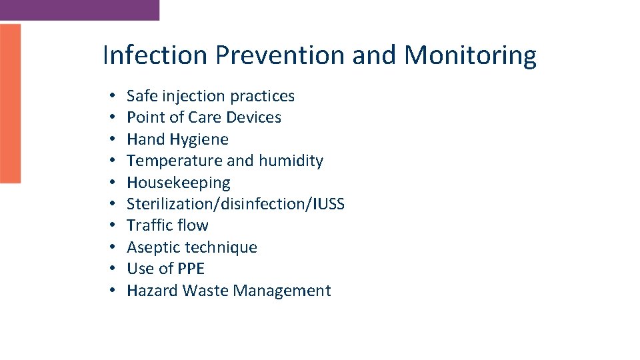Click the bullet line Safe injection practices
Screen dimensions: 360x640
210,96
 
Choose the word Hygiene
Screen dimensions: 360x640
199,139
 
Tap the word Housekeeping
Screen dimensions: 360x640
178,183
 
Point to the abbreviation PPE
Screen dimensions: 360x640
191,269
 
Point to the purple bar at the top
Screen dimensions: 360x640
79,9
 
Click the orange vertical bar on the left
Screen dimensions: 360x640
10,103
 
